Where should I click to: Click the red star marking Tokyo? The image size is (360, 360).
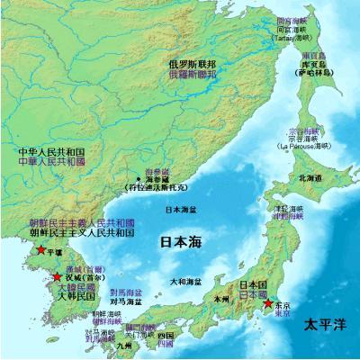pos(267,305)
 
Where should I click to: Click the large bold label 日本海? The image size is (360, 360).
pos(180,242)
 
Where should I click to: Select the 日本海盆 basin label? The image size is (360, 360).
pos(182,210)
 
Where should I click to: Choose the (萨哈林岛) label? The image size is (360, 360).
pos(311,72)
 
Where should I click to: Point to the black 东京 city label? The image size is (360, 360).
pos(283,305)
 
